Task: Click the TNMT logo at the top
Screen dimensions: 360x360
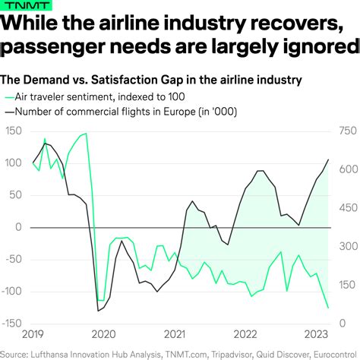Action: [x=19, y=6]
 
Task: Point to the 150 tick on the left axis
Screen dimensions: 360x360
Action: [x=14, y=131]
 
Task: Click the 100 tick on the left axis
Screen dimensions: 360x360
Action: [x=14, y=163]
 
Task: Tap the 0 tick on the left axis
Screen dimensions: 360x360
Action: [x=20, y=227]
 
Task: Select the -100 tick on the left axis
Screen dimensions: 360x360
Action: [x=13, y=291]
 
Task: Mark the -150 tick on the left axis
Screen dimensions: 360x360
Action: [x=13, y=323]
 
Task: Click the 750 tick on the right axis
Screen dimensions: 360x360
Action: [x=346, y=131]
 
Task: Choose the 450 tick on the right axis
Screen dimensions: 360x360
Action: [x=346, y=208]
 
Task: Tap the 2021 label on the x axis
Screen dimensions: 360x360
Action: [x=175, y=335]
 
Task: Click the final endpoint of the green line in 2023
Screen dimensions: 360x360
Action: [x=329, y=308]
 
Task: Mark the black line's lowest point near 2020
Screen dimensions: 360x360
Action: [x=98, y=310]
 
